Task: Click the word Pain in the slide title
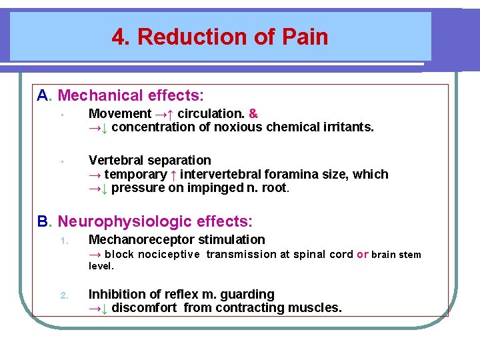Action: pos(305,37)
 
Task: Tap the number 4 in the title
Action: pos(119,37)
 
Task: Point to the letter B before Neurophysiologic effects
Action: pos(43,221)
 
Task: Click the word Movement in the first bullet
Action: pos(119,113)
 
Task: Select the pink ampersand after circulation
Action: pos(253,113)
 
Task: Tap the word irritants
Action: pos(349,127)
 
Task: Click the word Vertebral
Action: pos(117,160)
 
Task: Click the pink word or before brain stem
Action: pos(363,254)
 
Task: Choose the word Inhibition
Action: pos(115,294)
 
